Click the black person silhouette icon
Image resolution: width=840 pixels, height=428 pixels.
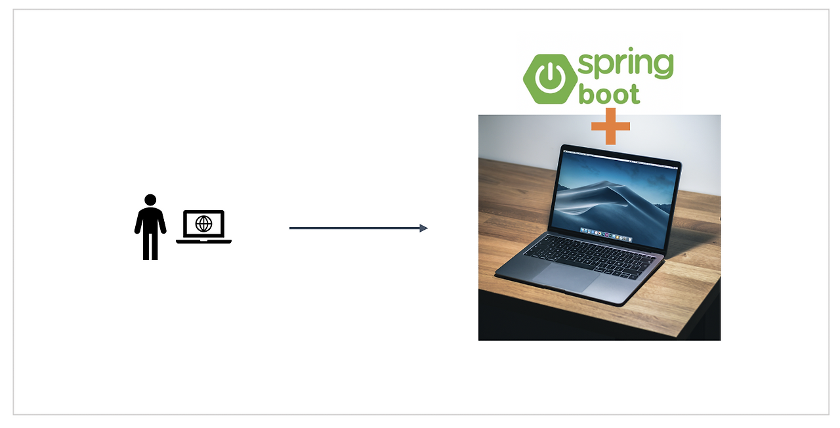click(150, 227)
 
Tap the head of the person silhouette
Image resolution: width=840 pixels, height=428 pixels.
click(150, 200)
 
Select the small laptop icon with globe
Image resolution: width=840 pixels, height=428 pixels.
click(203, 226)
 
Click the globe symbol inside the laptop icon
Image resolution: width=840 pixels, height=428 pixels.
click(203, 224)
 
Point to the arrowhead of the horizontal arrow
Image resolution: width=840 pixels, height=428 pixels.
click(423, 228)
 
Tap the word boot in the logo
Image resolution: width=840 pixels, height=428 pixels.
click(608, 94)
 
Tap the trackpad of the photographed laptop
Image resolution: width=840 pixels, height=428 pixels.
click(566, 278)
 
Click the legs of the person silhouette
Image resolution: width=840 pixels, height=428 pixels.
click(150, 246)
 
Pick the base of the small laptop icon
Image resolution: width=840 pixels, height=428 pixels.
click(203, 242)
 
